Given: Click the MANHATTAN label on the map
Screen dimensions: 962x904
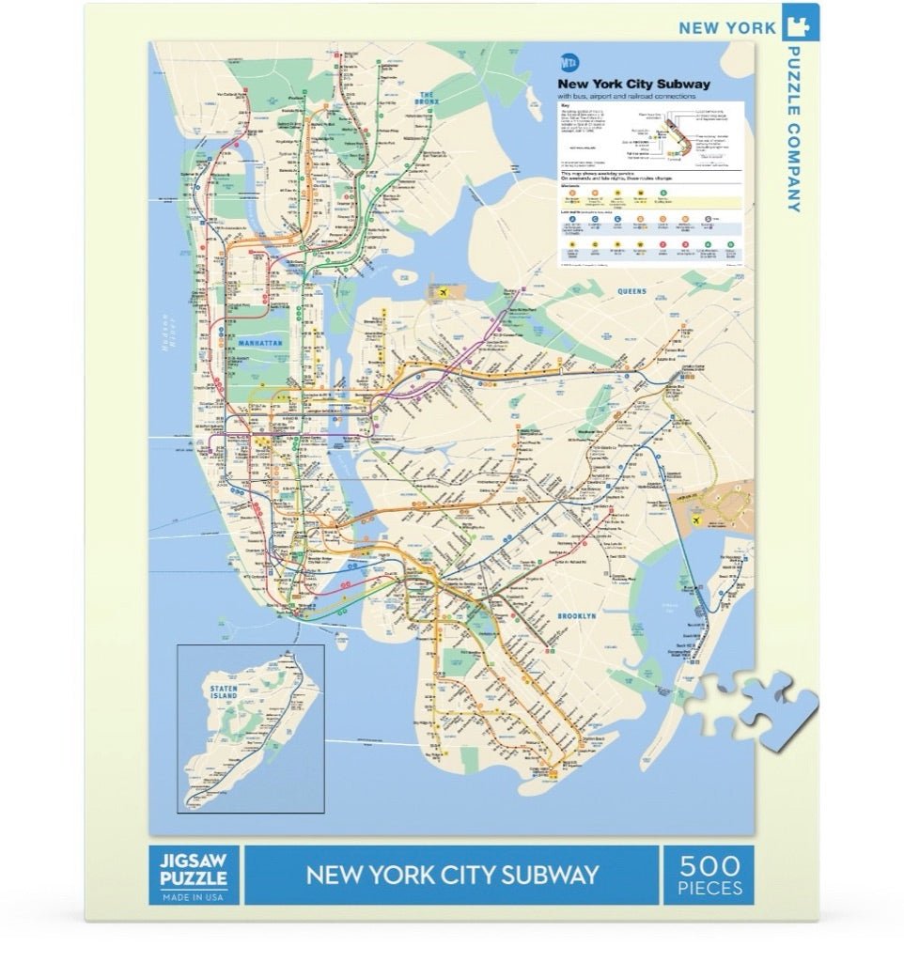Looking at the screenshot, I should click(260, 344).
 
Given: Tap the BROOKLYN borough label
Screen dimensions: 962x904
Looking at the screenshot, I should click(577, 615).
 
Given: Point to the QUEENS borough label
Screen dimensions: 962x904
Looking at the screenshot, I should click(632, 292).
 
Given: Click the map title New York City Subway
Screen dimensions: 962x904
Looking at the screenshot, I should click(633, 84).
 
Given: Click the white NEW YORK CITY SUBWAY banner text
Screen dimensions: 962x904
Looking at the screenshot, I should click(452, 875).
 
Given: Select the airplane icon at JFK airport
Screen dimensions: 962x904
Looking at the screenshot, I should click(698, 520).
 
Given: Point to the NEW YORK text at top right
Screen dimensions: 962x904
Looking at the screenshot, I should click(727, 28).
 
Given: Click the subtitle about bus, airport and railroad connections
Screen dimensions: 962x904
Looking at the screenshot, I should click(626, 96).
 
